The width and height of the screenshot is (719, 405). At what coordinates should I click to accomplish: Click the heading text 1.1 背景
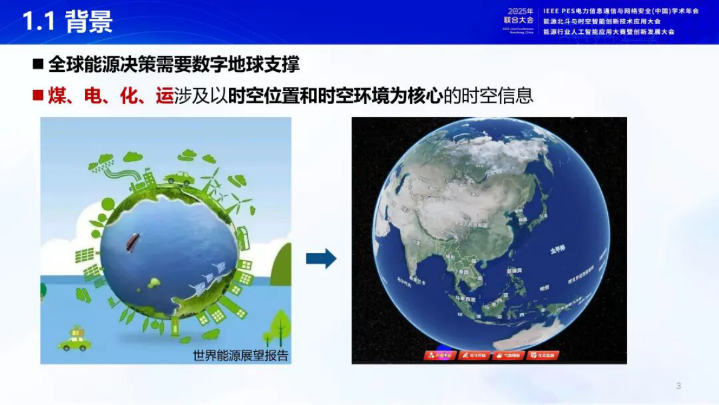point(68,21)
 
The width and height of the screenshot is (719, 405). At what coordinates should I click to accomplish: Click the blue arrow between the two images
point(321,259)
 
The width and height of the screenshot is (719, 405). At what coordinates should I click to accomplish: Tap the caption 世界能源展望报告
point(240,356)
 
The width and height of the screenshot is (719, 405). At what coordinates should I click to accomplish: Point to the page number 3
point(679,386)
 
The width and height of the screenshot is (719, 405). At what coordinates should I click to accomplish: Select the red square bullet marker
point(37,96)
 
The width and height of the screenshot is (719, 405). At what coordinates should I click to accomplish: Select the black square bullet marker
point(37,63)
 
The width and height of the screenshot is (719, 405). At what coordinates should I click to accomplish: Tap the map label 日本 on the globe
point(543,214)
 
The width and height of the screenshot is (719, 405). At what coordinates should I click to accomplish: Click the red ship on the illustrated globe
point(131,241)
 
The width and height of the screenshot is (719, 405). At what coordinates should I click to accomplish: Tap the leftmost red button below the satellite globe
point(439,355)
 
